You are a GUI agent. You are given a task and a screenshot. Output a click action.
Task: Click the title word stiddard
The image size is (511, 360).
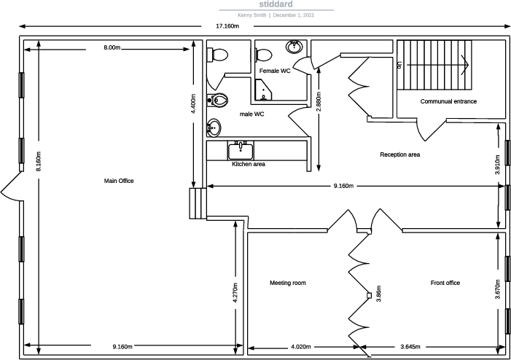276,4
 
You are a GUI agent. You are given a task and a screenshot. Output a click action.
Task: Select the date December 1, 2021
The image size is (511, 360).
294,15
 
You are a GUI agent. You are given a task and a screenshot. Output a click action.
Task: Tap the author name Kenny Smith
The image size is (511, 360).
251,15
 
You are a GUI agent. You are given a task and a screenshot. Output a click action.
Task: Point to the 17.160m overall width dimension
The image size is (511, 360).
227,26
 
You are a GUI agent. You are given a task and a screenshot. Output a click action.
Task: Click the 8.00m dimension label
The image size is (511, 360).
112,48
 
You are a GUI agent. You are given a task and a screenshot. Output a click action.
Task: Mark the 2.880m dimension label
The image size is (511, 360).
319,101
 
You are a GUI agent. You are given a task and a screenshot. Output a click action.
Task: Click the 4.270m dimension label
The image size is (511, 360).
235,293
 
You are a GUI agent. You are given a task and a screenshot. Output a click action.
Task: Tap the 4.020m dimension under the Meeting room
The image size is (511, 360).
302,346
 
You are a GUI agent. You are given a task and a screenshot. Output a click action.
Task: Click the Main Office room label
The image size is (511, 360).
120,181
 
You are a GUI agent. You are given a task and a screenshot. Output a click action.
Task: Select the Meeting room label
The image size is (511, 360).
287,283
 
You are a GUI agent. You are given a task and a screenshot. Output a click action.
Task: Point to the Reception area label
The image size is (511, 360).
399,154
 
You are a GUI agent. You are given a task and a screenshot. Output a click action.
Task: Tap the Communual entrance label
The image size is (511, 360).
448,101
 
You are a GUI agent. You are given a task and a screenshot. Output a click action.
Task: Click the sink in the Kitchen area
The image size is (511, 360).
241,151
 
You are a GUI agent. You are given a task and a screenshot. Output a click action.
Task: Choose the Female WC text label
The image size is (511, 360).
275,71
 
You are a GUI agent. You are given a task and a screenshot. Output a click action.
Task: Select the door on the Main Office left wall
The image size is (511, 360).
11,191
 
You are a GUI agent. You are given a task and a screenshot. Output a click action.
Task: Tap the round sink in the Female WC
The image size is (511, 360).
294,47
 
